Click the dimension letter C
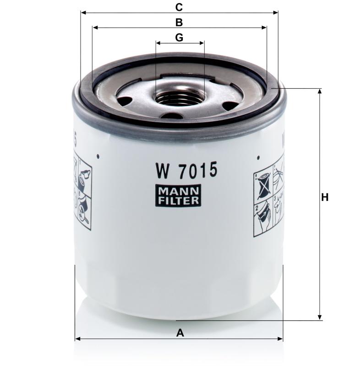pyautogui.click(x=179, y=7)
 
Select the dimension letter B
pyautogui.click(x=179, y=22)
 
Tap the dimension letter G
pyautogui.click(x=179, y=38)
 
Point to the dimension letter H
pyautogui.click(x=325, y=198)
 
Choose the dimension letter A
pyautogui.click(x=180, y=333)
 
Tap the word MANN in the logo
pyautogui.click(x=180, y=192)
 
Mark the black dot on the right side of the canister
pyautogui.click(x=259, y=158)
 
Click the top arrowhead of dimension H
pyautogui.click(x=320, y=91)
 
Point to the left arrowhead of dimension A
pyautogui.click(x=77, y=339)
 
